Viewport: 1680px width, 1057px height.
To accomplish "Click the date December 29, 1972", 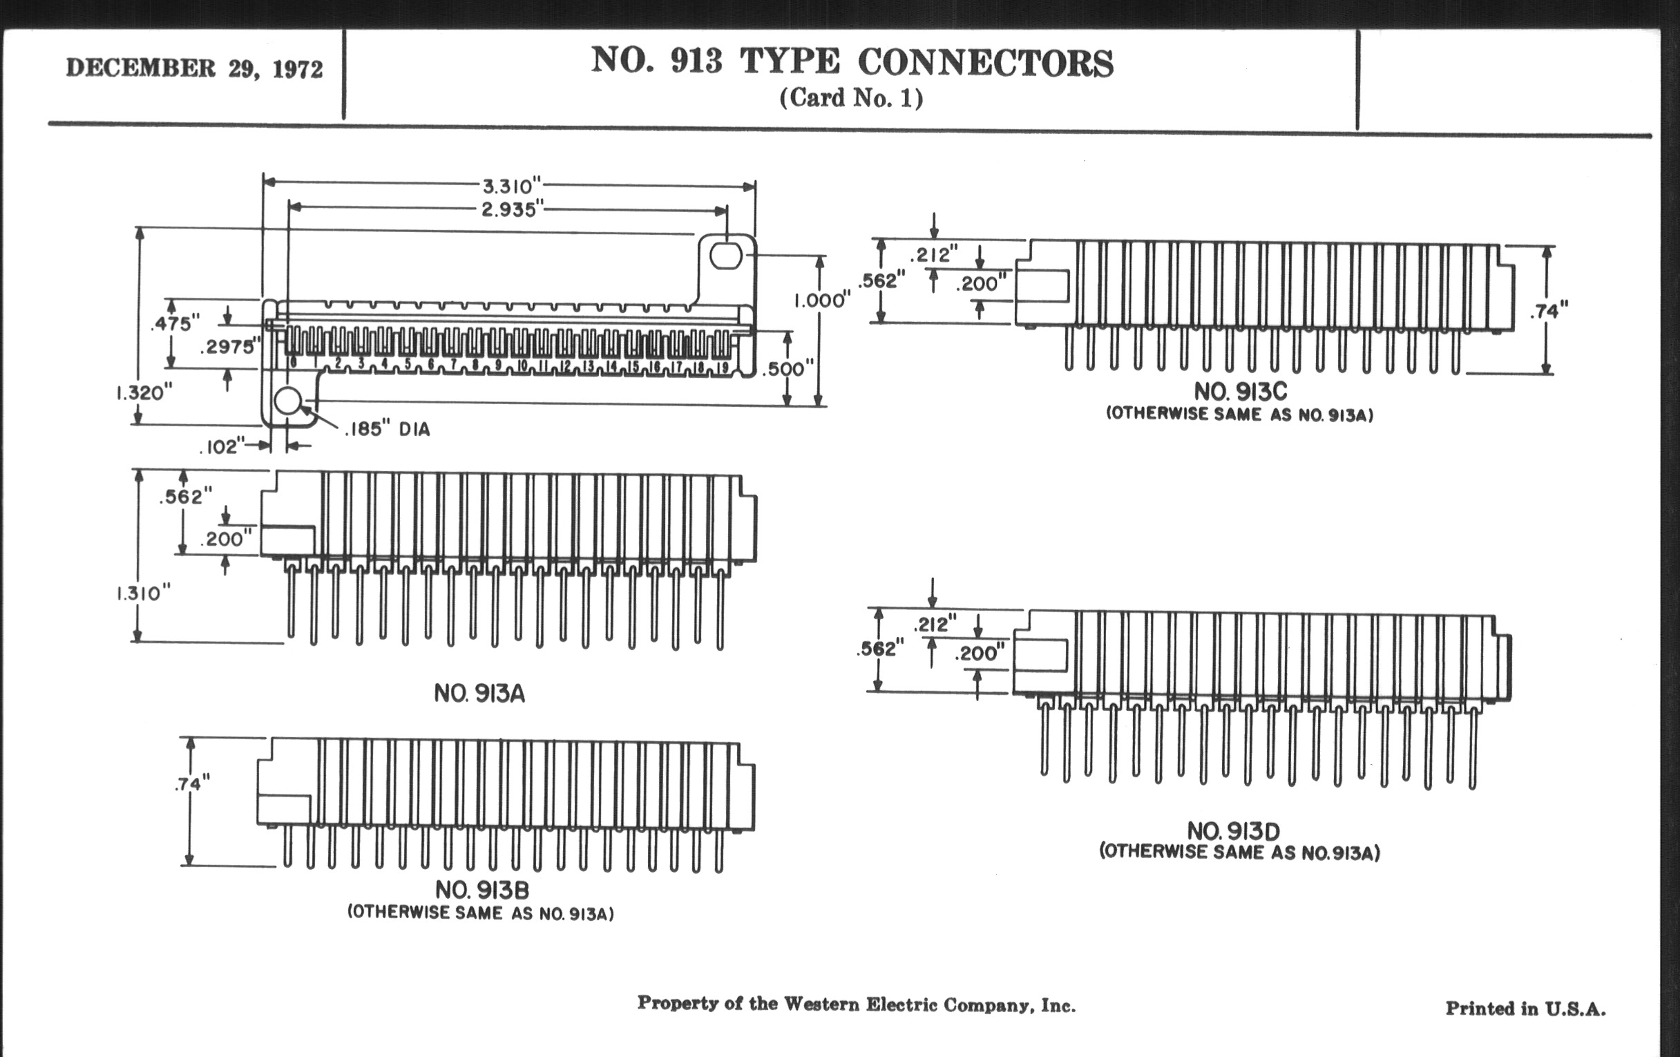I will (x=195, y=68).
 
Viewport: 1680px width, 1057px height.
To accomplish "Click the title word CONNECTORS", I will (x=985, y=63).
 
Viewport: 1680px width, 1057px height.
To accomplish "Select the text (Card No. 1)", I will (x=851, y=97).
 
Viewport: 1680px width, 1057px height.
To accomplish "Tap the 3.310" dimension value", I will (x=512, y=187).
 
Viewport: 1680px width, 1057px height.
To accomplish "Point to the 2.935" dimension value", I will (x=512, y=209).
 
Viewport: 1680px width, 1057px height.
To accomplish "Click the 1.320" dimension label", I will (x=144, y=393).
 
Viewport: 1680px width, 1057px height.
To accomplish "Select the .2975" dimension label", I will (x=230, y=347).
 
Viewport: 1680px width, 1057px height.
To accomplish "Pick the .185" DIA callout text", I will (x=388, y=429).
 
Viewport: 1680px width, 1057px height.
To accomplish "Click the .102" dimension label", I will (x=222, y=446).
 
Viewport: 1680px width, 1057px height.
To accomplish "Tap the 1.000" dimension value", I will (x=823, y=301).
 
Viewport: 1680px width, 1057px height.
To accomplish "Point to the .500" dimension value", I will (x=787, y=368).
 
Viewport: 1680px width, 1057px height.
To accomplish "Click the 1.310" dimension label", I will (x=143, y=593).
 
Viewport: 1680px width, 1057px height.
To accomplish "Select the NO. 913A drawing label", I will (x=479, y=694).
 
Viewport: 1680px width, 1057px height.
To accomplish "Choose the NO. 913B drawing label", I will (x=482, y=890).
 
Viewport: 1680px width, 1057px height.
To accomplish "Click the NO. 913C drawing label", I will (x=1241, y=391).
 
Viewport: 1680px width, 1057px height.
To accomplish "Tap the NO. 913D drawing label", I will (x=1234, y=831).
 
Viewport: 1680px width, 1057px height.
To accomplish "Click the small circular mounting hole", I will (x=287, y=401).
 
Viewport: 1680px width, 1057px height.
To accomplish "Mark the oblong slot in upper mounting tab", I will (x=725, y=256).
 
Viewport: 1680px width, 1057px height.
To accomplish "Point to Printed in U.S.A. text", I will (x=1525, y=1008).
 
